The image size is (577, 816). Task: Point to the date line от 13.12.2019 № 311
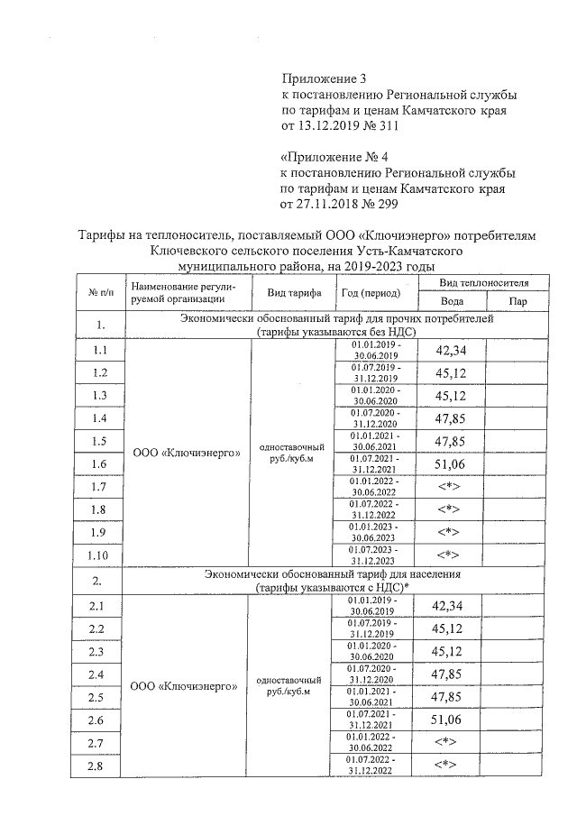[340, 125]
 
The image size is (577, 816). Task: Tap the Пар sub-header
[517, 302]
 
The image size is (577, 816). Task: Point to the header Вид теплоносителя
[485, 283]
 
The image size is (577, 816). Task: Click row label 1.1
[99, 350]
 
